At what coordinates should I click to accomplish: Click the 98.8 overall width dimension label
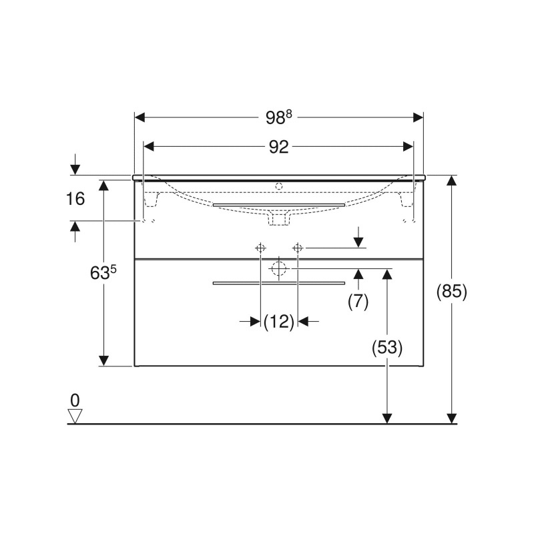(278, 117)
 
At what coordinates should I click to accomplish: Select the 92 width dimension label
(278, 147)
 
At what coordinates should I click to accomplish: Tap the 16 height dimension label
(75, 198)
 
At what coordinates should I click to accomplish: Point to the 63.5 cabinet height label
(103, 272)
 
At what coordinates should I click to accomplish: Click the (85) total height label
(452, 292)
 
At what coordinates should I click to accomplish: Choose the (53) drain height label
(387, 348)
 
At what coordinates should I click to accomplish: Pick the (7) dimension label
(358, 302)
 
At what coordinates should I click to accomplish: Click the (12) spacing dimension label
(279, 322)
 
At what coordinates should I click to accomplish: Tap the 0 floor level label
(75, 400)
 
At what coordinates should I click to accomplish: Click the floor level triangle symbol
(75, 416)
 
